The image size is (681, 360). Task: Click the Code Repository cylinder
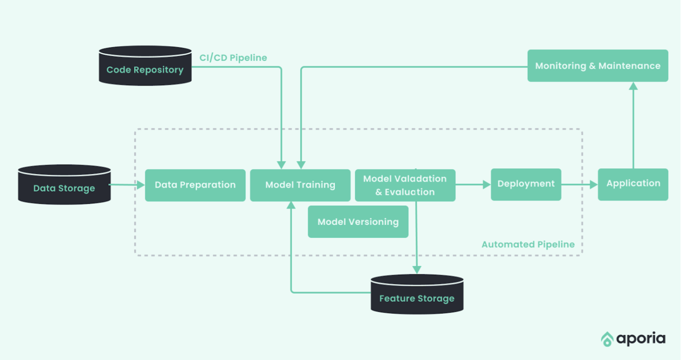click(145, 66)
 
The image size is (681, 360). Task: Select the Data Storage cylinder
click(64, 185)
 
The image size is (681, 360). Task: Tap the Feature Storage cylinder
click(417, 294)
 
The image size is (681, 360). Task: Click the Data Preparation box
click(195, 185)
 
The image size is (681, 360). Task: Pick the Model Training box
click(300, 185)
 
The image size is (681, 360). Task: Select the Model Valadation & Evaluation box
click(405, 185)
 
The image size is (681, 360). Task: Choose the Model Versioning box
click(358, 222)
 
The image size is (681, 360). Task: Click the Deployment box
click(526, 184)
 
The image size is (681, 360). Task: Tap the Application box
click(633, 184)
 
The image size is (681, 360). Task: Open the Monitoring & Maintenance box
click(598, 66)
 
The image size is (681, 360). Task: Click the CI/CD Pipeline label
click(233, 58)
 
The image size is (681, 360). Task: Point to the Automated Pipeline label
click(528, 244)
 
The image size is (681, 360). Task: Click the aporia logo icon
click(607, 339)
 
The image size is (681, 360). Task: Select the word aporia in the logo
click(641, 339)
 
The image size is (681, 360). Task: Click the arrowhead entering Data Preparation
click(140, 185)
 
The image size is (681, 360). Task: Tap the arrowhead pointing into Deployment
click(487, 185)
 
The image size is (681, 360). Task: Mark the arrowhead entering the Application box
click(594, 185)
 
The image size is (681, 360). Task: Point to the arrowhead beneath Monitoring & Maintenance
click(633, 86)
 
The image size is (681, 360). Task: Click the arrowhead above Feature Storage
click(417, 270)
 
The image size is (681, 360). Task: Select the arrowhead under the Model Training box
click(291, 205)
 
